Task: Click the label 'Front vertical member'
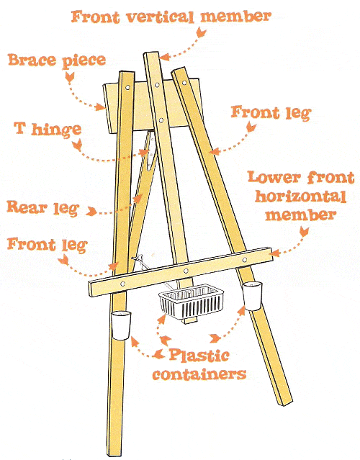[171, 17]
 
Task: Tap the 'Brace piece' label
[57, 60]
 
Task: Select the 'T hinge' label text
[48, 130]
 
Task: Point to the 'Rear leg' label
[43, 208]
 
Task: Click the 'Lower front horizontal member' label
[301, 196]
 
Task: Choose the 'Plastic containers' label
[199, 364]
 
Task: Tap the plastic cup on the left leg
[120, 325]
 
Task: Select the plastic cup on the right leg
[252, 296]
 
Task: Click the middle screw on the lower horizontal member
[186, 271]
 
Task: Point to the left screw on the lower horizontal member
[123, 284]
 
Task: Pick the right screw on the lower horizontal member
[245, 259]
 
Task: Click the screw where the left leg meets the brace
[127, 87]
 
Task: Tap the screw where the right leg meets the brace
[184, 83]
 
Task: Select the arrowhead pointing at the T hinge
[145, 153]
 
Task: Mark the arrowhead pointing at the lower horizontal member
[276, 253]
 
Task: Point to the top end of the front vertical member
[151, 53]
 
